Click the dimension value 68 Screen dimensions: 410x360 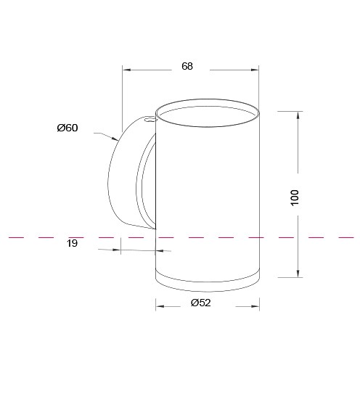pyautogui.click(x=187, y=66)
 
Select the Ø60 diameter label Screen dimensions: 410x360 pyautogui.click(x=67, y=128)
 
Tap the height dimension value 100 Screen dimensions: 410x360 pyautogui.click(x=295, y=197)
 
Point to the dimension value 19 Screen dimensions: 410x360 pyautogui.click(x=72, y=244)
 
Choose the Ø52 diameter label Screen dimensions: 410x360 pyautogui.click(x=200, y=303)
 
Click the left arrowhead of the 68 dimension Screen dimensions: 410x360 pyautogui.click(x=126, y=70)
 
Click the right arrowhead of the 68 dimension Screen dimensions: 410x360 pyautogui.click(x=255, y=70)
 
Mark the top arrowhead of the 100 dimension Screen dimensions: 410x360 pyautogui.click(x=298, y=115)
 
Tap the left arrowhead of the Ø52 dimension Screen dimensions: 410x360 pyautogui.click(x=160, y=306)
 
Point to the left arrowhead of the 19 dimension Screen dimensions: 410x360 pyautogui.click(x=118, y=250)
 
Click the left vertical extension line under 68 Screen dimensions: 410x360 pyautogui.click(x=122, y=94)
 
